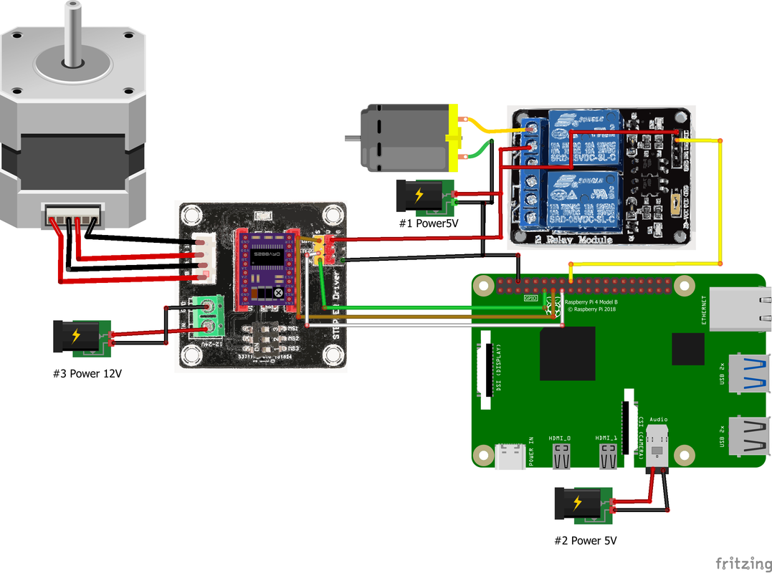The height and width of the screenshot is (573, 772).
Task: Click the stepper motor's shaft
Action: click(x=72, y=32)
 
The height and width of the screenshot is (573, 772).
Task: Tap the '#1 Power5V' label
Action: click(x=428, y=223)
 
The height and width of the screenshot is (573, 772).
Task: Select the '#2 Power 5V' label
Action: click(x=585, y=541)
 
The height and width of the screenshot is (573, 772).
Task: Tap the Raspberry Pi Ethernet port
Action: click(x=738, y=309)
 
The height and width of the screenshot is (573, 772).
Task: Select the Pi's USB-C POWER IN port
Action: click(x=510, y=457)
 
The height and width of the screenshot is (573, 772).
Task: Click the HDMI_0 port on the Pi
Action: click(x=561, y=456)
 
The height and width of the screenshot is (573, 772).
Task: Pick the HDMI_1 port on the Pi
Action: click(x=609, y=456)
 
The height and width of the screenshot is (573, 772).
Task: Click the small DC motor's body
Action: click(x=405, y=138)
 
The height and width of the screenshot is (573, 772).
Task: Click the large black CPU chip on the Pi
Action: click(x=568, y=355)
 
